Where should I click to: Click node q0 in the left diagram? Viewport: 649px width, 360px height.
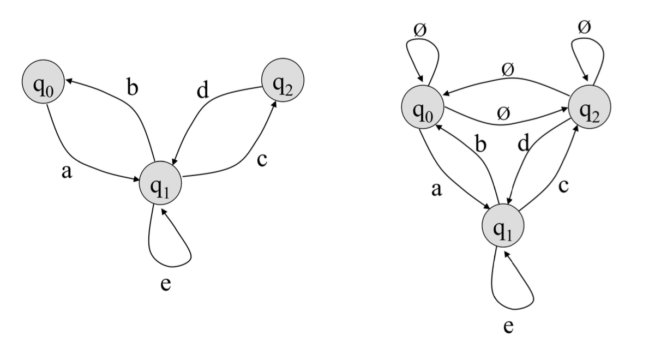coord(43,86)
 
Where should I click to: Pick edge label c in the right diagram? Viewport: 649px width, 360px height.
coord(564,185)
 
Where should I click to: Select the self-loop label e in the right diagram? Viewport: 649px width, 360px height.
coord(508,326)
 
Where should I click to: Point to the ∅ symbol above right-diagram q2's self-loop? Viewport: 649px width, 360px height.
coord(584,26)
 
